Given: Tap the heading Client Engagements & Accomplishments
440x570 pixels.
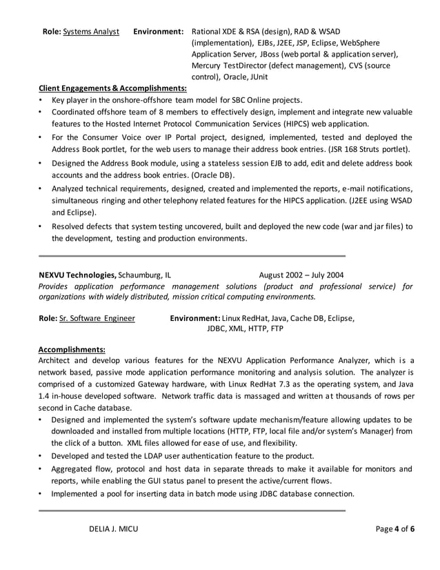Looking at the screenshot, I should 112,88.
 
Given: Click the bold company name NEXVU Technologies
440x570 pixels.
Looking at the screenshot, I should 77,274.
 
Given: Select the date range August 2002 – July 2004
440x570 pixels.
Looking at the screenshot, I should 301,274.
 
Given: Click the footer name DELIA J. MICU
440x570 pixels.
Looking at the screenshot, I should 106,529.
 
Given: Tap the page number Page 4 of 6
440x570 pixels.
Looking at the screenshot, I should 394,529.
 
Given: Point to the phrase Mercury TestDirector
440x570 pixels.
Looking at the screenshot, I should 232,66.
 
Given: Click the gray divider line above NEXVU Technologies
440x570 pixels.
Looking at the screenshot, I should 191,255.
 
